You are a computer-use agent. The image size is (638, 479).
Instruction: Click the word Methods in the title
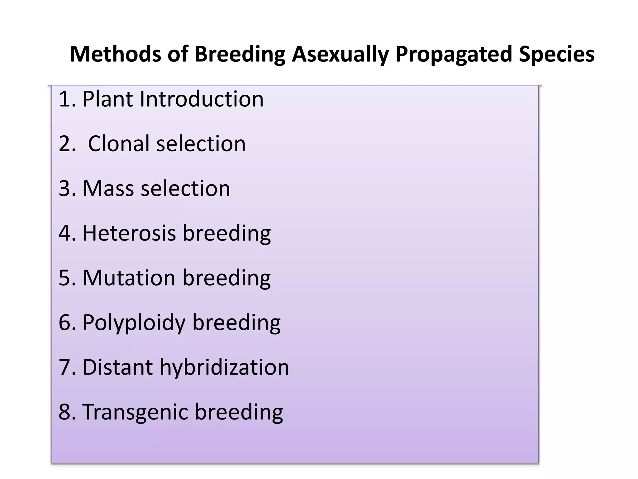[115, 54]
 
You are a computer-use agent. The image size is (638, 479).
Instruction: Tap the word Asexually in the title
[340, 54]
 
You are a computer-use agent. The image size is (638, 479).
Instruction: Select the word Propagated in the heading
[454, 54]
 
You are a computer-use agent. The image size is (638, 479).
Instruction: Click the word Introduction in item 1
[201, 99]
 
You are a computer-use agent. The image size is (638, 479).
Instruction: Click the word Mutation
[129, 278]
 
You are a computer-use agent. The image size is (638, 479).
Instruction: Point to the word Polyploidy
[134, 322]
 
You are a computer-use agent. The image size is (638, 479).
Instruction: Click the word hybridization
[224, 367]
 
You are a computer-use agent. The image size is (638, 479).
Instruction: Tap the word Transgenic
[135, 412]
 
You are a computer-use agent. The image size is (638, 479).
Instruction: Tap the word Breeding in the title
[240, 54]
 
